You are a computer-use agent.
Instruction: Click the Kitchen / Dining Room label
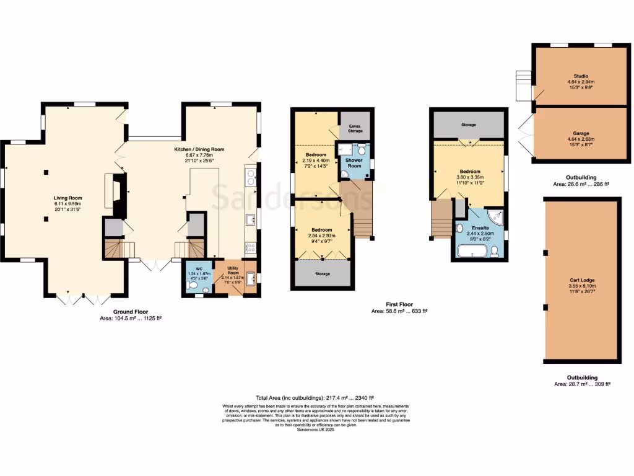[199, 149]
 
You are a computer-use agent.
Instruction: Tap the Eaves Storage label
[355, 128]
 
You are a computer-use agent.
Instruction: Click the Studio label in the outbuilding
[580, 76]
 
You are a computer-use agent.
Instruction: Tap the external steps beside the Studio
[524, 85]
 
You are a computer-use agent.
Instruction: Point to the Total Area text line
[316, 397]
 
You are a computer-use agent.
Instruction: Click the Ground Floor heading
[130, 312]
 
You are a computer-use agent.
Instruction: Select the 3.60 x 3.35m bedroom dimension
[468, 177]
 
